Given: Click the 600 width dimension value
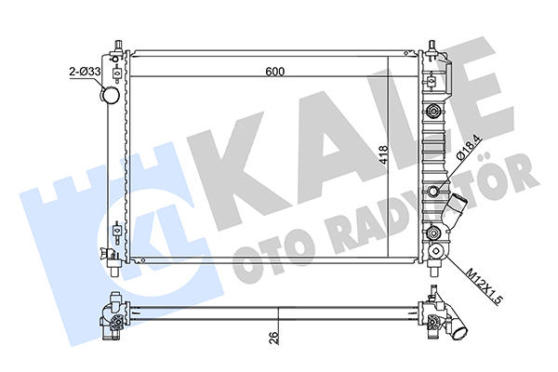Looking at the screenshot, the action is point(275,72).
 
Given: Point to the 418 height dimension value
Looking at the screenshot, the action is point(383,155).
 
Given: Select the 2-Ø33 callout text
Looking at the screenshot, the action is point(85,72).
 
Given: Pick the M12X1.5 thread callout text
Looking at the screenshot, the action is point(485,287).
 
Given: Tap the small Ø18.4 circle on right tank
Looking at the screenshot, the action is point(434,192).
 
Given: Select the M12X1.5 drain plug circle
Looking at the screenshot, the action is point(436,252).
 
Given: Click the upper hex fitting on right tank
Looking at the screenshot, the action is point(433,111).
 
